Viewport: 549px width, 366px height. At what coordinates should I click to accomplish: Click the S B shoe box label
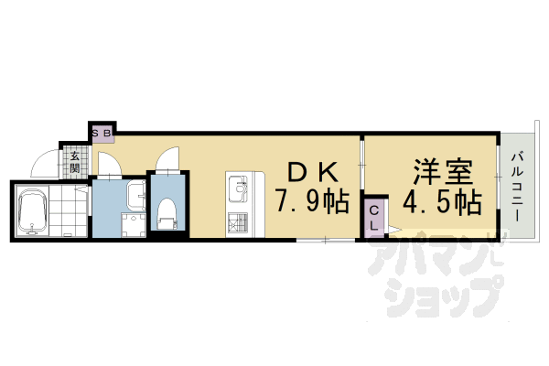pos(102,134)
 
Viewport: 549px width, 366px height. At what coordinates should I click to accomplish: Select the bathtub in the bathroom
pos(32,211)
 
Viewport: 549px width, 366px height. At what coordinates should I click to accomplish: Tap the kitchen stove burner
pos(239,221)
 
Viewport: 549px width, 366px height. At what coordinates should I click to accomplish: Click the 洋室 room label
pos(442,172)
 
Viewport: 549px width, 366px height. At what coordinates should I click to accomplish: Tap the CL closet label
pos(374,218)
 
